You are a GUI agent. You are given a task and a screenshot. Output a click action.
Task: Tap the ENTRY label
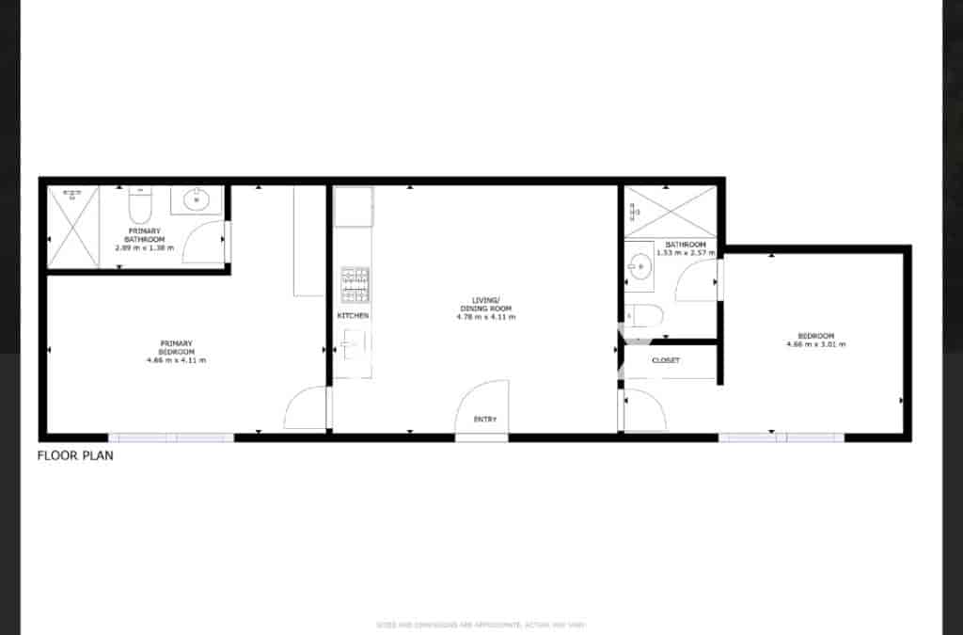point(484,420)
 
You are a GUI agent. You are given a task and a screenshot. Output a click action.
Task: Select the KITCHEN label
point(353,315)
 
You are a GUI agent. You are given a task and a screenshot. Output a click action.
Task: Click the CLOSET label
point(665,360)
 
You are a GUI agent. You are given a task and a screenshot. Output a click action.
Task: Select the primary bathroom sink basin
point(197,199)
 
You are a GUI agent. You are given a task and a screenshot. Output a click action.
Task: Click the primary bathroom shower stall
point(72,227)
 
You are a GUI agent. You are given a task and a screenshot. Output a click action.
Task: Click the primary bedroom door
point(306,410)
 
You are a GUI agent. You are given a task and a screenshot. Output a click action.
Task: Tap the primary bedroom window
point(170,437)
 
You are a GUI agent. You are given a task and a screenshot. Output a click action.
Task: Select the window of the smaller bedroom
point(781,437)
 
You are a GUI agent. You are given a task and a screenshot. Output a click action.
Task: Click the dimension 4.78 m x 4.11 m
point(485,317)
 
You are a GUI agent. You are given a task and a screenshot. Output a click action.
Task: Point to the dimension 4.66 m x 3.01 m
point(815,344)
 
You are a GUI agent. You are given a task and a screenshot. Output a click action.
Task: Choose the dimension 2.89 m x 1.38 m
point(144,247)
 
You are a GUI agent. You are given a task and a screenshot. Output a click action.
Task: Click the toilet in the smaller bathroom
point(647,314)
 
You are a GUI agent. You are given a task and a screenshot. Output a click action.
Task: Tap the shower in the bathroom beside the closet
point(671,211)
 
